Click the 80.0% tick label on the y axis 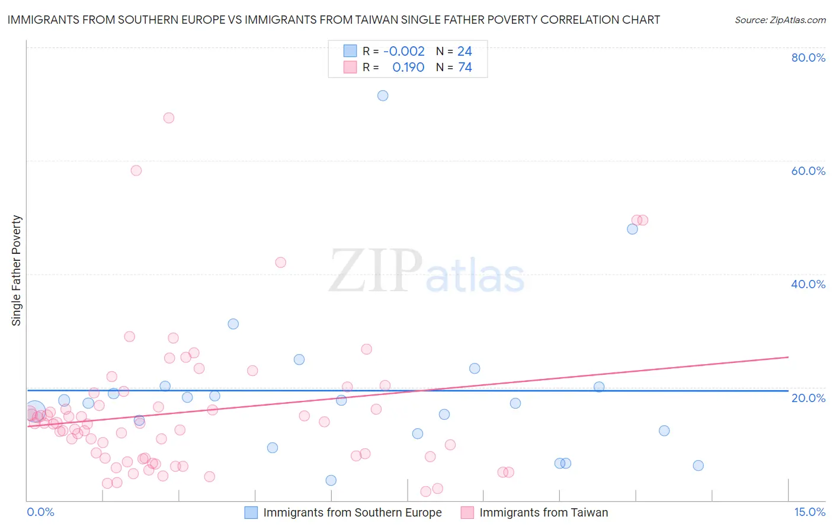coord(808,58)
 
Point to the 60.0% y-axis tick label coord(808,171)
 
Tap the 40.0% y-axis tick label coord(808,284)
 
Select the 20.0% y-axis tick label coord(808,397)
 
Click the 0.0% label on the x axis coord(40,512)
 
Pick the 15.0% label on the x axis coord(809,512)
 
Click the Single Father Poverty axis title coord(17,270)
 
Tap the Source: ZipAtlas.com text coord(780,20)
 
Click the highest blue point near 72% coord(383,95)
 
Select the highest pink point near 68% coord(169,118)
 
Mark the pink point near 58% coord(136,170)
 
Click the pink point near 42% coord(281,262)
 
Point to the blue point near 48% coord(632,229)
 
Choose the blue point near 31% coord(233,324)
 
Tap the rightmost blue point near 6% coord(699,466)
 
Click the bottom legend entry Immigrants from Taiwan coord(543,512)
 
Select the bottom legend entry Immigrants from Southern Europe coord(352,512)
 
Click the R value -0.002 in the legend coord(404,52)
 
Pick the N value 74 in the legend coord(465,68)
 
